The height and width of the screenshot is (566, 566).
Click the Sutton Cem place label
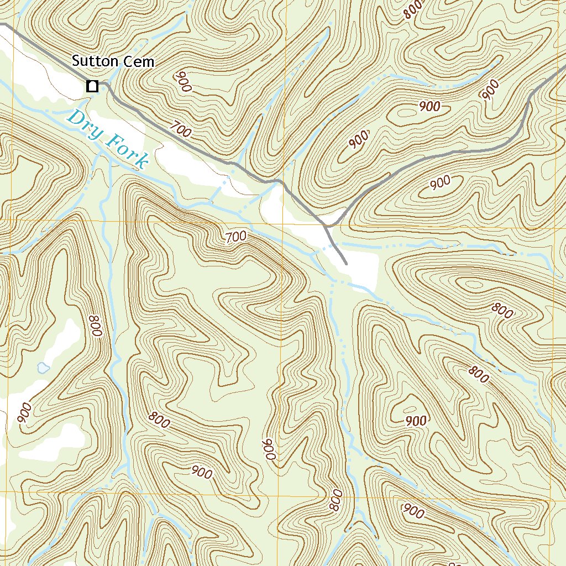point(113,62)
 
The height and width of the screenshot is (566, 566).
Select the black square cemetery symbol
point(92,86)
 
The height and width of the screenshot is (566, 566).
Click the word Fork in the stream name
point(128,151)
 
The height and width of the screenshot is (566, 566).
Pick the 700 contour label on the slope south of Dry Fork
point(235,238)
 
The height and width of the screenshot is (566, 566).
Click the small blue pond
point(42,367)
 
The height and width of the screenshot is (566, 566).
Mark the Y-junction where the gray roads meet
point(327,226)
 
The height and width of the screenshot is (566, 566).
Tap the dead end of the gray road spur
point(346,264)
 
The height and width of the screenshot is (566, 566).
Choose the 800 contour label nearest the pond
point(95,326)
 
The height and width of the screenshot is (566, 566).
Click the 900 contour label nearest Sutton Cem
point(184,82)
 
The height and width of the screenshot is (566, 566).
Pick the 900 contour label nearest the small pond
point(25,413)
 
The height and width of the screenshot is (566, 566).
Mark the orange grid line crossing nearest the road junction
point(283,223)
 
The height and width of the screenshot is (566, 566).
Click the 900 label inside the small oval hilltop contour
point(429,106)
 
